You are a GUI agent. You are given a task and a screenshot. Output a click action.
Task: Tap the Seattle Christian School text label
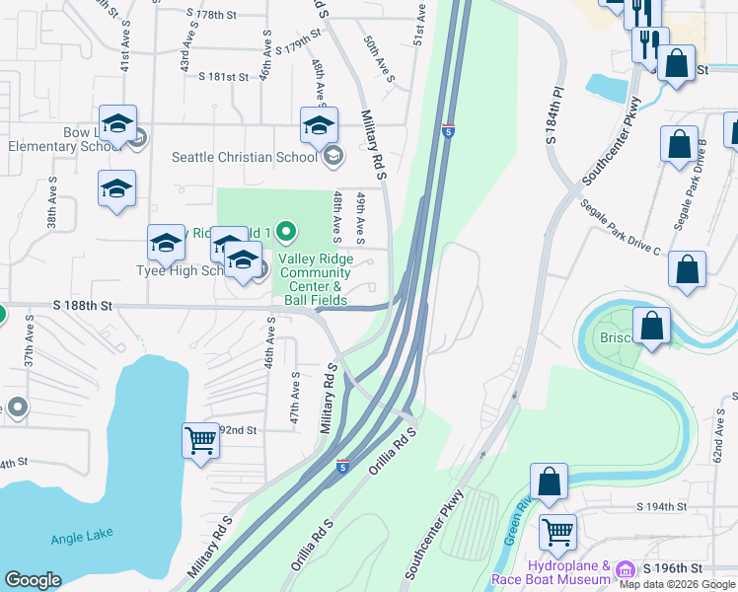pyautogui.click(x=244, y=156)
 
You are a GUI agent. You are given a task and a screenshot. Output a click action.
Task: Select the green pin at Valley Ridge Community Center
pyautogui.click(x=286, y=233)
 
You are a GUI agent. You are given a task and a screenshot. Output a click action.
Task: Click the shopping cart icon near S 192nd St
pyautogui.click(x=201, y=439)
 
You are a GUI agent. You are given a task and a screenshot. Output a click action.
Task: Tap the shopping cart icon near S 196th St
pyautogui.click(x=557, y=533)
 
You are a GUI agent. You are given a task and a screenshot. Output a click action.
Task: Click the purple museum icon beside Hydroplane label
pyautogui.click(x=625, y=570)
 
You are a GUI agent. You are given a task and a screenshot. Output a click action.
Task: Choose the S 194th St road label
pyautogui.click(x=660, y=506)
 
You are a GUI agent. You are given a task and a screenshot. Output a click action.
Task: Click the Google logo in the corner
pyautogui.click(x=33, y=580)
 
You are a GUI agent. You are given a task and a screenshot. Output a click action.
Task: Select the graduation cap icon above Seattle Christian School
pyautogui.click(x=319, y=126)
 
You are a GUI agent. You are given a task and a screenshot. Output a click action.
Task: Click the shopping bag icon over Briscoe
pyautogui.click(x=652, y=327)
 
